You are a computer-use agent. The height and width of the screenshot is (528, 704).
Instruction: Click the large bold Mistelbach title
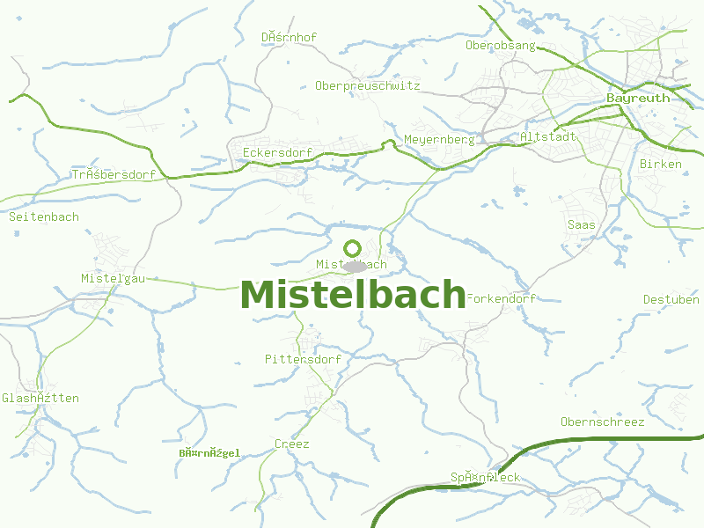point(352,295)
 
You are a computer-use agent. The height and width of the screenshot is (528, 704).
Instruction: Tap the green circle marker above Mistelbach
point(353,248)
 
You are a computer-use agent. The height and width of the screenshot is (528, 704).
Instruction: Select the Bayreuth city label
point(638,99)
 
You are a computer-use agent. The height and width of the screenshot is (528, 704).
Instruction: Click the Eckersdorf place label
point(277,153)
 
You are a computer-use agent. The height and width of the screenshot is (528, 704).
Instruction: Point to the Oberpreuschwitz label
point(367,86)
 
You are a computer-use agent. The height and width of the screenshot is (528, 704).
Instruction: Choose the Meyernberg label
point(439,140)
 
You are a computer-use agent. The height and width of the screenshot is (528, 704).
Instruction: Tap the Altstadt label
point(548,137)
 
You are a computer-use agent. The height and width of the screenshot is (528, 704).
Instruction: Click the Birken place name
point(660,165)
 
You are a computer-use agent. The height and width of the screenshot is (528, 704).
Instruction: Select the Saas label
point(581,225)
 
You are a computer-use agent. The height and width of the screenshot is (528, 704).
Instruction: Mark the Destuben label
point(671,300)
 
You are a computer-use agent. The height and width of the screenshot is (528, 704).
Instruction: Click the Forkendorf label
point(501,299)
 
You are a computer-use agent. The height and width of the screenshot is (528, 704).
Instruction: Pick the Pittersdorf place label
point(303,360)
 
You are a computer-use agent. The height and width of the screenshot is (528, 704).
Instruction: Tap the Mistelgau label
point(113,279)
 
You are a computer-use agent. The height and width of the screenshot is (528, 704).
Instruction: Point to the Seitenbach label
point(43,216)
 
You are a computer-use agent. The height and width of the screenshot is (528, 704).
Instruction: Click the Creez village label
point(291,444)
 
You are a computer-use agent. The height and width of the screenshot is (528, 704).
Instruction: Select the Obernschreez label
point(602,422)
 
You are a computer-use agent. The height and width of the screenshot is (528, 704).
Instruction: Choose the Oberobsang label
point(500,46)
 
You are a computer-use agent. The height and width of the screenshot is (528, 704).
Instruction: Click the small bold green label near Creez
point(209,454)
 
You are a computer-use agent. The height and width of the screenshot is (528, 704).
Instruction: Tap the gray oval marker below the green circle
point(355,266)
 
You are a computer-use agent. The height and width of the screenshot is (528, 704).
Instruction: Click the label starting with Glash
point(40,399)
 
